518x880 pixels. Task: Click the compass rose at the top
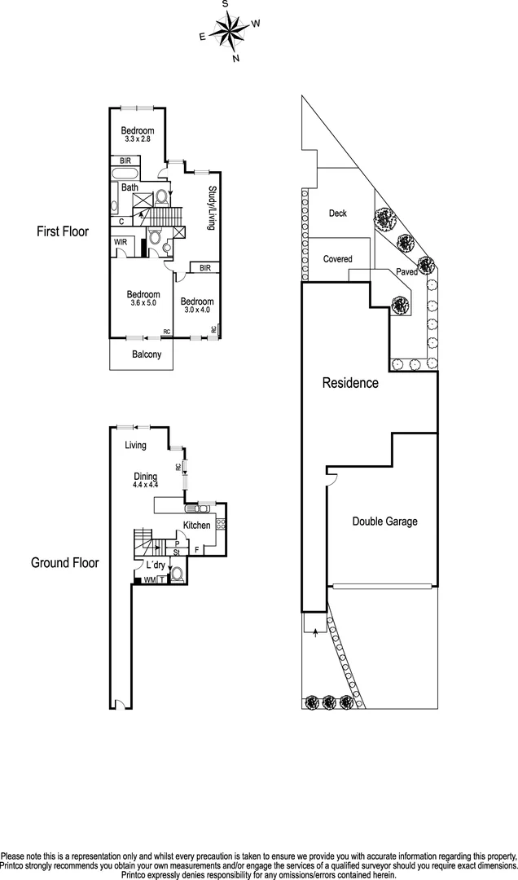(230, 30)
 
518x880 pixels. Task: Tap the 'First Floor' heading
(63, 231)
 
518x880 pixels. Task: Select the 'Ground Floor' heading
(64, 563)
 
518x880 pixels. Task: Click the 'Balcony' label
(147, 354)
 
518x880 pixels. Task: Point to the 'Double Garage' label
(385, 521)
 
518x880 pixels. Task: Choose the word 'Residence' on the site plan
(350, 383)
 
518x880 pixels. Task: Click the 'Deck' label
(338, 213)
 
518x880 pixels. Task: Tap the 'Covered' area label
(338, 259)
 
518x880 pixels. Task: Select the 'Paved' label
(407, 272)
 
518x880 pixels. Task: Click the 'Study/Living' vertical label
(212, 209)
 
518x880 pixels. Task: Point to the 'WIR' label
(121, 243)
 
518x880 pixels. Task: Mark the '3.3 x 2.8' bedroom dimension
(138, 139)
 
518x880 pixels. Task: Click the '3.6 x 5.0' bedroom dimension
(143, 302)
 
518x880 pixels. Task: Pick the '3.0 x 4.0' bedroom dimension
(197, 310)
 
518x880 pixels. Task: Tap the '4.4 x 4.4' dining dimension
(145, 485)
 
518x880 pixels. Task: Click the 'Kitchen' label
(197, 526)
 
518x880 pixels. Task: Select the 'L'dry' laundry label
(156, 565)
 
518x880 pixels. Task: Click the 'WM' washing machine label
(150, 580)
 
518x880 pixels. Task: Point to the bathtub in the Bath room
(125, 173)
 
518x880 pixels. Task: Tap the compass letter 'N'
(236, 58)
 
